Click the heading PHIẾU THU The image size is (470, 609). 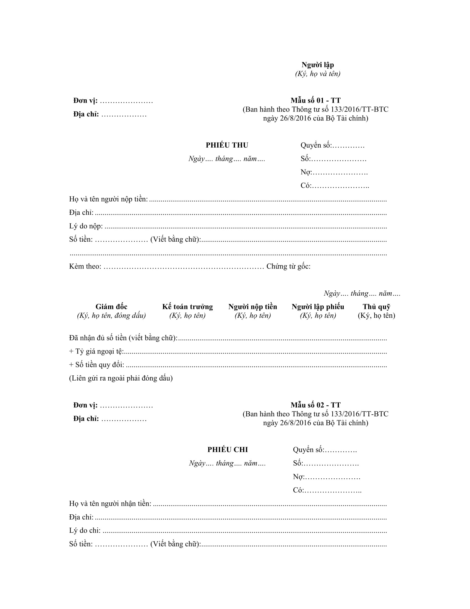(x=227, y=145)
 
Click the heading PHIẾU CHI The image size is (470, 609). (x=228, y=450)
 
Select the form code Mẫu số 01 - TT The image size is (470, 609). (x=315, y=100)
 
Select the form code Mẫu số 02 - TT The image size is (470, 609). (x=315, y=405)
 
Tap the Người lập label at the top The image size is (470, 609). (x=317, y=65)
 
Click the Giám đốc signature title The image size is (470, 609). (x=111, y=307)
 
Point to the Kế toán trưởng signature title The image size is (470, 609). (x=187, y=307)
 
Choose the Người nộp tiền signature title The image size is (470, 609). (x=252, y=307)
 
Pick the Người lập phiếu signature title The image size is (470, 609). (x=318, y=307)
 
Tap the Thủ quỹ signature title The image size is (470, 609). (x=377, y=307)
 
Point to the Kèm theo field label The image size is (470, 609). (x=85, y=267)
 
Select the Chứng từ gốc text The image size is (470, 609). (x=288, y=267)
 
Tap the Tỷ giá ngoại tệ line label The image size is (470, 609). (x=96, y=351)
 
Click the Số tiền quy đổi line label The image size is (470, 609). (x=96, y=365)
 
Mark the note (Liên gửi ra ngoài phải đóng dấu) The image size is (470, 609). (x=121, y=378)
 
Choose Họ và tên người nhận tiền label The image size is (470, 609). (x=110, y=504)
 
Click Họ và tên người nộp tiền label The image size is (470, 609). (x=109, y=199)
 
